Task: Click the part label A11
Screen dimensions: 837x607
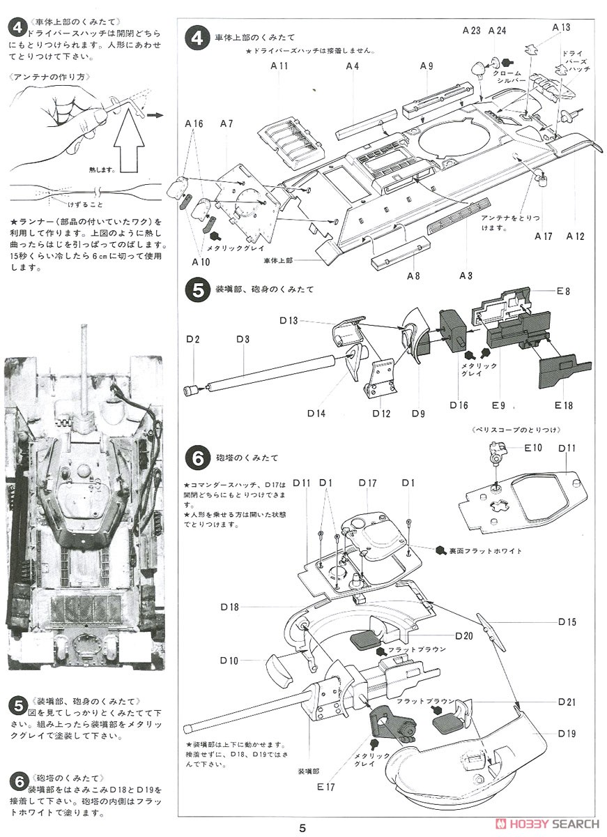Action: (x=279, y=66)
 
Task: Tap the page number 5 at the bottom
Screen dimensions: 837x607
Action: (x=302, y=828)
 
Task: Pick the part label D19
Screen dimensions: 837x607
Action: (x=567, y=733)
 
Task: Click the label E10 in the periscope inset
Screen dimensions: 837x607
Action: (x=533, y=447)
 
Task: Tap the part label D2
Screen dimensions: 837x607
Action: (x=193, y=339)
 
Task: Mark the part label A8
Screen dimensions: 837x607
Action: (x=413, y=276)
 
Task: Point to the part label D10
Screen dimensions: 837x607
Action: (x=229, y=661)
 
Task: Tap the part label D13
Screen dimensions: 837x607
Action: (x=288, y=320)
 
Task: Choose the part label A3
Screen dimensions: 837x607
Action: (x=466, y=276)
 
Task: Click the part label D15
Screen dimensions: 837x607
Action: (x=567, y=621)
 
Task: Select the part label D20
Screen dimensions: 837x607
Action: (x=464, y=635)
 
